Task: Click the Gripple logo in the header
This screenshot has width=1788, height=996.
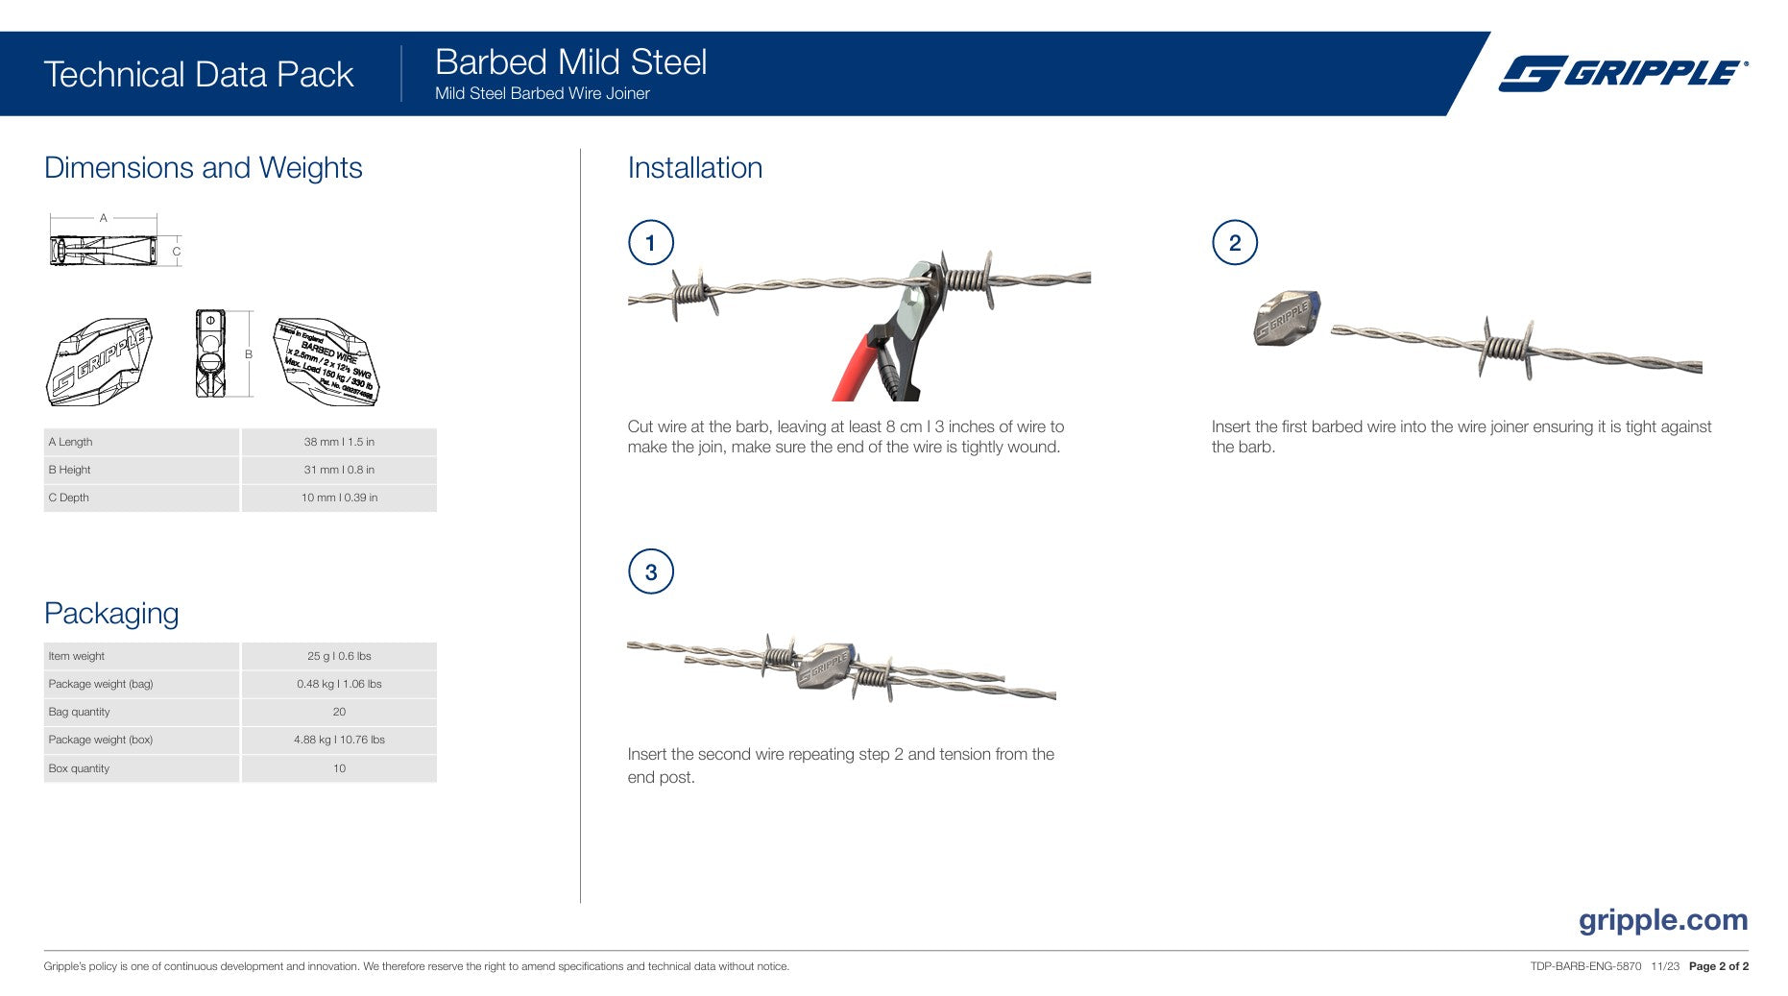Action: pyautogui.click(x=1623, y=73)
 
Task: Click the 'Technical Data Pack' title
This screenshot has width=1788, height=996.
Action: pyautogui.click(x=199, y=75)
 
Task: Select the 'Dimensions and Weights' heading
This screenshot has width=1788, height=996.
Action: pyautogui.click(x=204, y=168)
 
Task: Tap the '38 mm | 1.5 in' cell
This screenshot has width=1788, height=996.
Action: pyautogui.click(x=339, y=442)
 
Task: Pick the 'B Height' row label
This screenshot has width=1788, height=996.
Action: pyautogui.click(x=70, y=470)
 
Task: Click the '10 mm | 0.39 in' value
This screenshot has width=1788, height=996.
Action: pyautogui.click(x=339, y=498)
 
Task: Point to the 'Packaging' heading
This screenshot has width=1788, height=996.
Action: pyautogui.click(x=111, y=614)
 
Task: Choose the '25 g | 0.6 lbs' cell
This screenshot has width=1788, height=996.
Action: pyautogui.click(x=339, y=656)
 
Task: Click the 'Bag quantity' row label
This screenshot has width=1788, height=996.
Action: pyautogui.click(x=80, y=712)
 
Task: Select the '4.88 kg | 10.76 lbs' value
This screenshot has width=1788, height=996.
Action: pyautogui.click(x=339, y=740)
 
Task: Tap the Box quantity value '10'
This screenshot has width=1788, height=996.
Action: pyautogui.click(x=339, y=768)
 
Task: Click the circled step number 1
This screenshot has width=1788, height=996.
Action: pyautogui.click(x=651, y=243)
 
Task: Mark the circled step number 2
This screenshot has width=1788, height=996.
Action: pyautogui.click(x=1235, y=243)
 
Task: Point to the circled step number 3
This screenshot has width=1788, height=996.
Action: pyautogui.click(x=651, y=572)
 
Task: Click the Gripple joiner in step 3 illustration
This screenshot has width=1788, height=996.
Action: pyautogui.click(x=824, y=667)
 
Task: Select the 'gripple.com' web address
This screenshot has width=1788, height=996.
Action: pyautogui.click(x=1663, y=920)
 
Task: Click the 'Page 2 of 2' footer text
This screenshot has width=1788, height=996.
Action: pyautogui.click(x=1718, y=966)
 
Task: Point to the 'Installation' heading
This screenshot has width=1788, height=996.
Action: pyautogui.click(x=695, y=168)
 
